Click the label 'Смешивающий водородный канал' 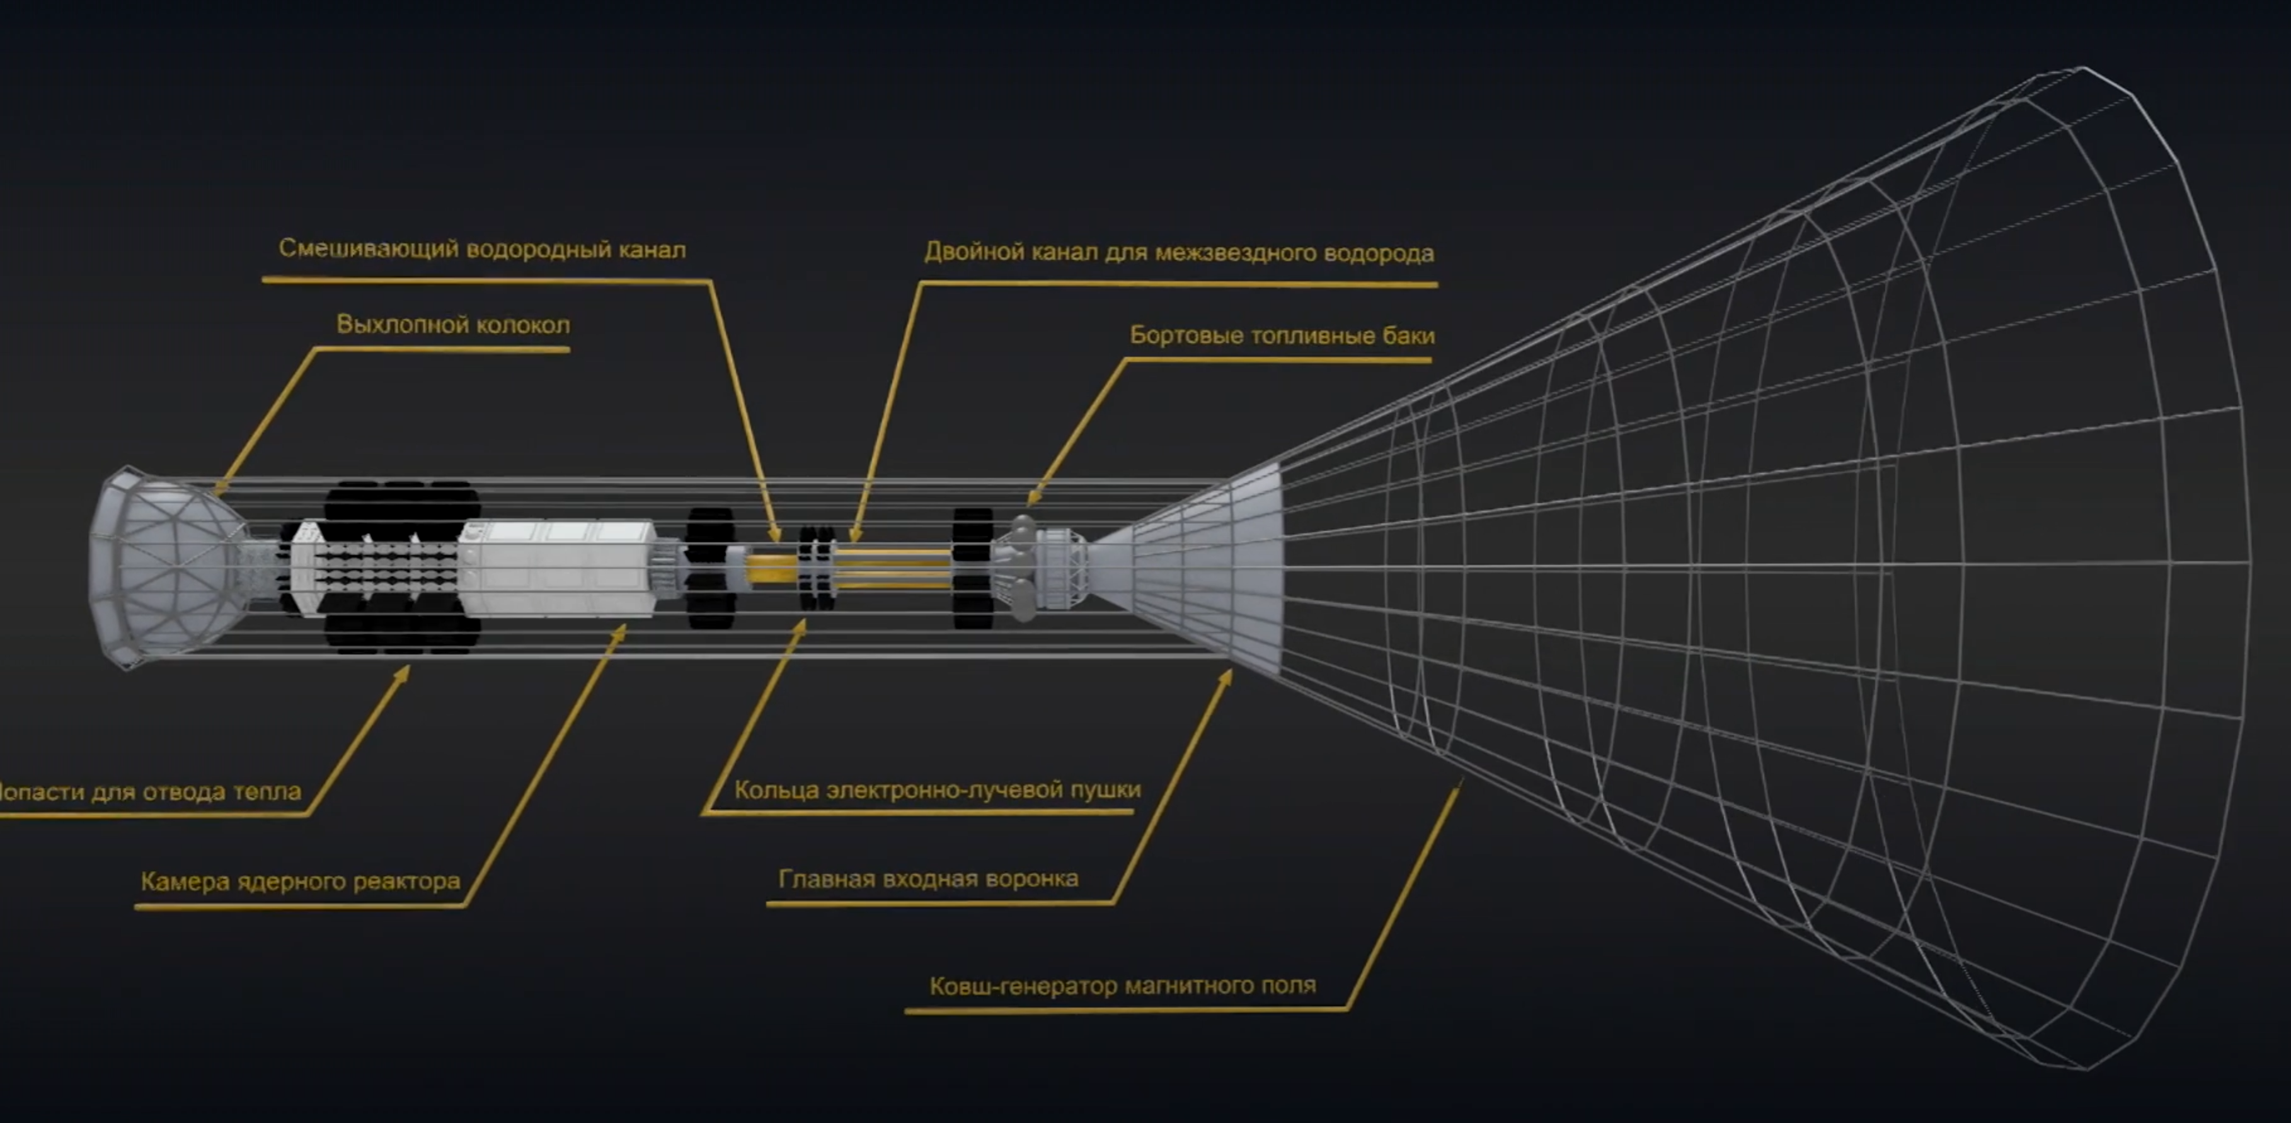[x=482, y=249]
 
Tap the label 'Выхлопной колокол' [x=452, y=325]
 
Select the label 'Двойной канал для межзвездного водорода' [x=1180, y=253]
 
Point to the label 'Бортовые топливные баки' [x=1282, y=335]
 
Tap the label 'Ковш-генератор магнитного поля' [x=1122, y=986]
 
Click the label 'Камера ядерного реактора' [x=301, y=882]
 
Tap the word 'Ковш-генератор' [x=1022, y=986]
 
